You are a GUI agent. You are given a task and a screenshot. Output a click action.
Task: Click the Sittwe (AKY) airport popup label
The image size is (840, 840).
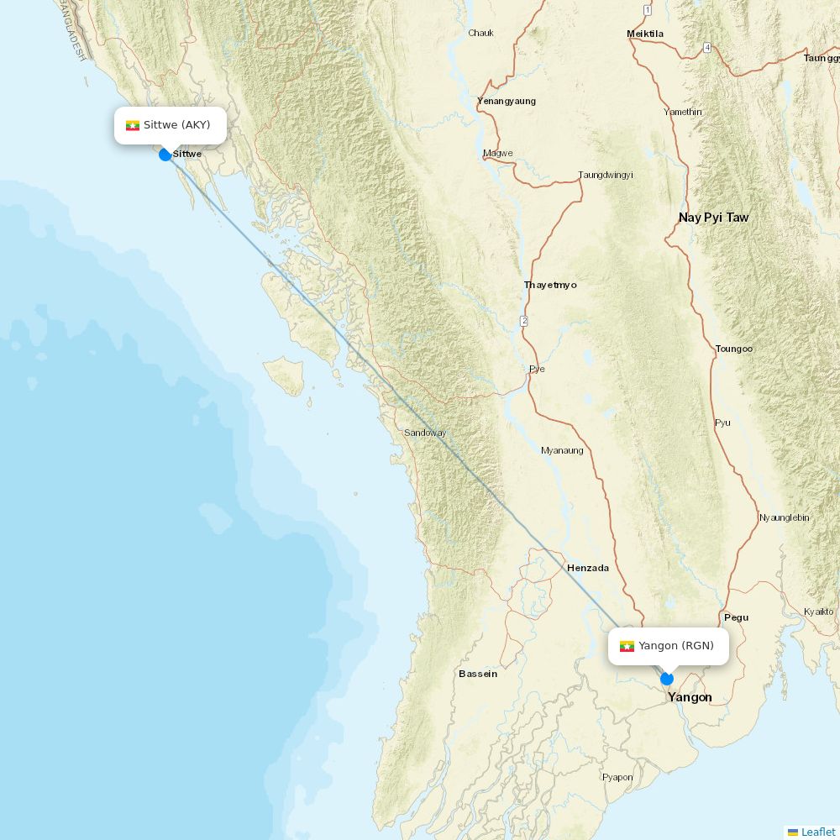(x=171, y=125)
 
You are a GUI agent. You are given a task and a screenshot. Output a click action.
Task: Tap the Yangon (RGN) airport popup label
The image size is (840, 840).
(x=668, y=646)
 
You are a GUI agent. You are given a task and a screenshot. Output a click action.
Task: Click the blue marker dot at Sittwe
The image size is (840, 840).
(x=165, y=155)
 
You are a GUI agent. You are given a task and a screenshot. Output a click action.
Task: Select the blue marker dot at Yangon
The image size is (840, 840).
(x=667, y=679)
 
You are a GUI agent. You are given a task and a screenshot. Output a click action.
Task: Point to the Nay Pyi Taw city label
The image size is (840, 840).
(x=713, y=218)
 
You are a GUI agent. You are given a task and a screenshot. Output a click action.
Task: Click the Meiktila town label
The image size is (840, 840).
(x=645, y=34)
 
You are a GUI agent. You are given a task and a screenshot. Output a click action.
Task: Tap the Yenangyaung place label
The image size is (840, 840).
(x=507, y=101)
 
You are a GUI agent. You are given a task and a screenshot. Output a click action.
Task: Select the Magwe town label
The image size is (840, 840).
(x=498, y=153)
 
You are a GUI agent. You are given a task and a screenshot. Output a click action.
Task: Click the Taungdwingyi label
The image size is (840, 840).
(x=606, y=175)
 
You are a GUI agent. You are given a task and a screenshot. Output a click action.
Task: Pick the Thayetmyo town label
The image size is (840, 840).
(x=550, y=285)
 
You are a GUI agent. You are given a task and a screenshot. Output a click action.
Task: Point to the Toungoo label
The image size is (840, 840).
(x=734, y=349)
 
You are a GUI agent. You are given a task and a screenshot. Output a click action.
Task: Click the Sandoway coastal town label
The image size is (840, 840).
(x=425, y=433)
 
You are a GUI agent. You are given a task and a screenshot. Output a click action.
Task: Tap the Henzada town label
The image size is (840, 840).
(x=588, y=568)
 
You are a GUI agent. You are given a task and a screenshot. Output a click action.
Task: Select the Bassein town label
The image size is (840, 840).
(x=478, y=674)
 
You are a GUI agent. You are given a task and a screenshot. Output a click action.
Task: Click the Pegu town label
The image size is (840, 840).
(x=736, y=617)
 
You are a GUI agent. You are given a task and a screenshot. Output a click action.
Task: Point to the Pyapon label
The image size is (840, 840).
(x=617, y=777)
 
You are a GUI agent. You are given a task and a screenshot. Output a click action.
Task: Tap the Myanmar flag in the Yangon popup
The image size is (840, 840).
(x=627, y=646)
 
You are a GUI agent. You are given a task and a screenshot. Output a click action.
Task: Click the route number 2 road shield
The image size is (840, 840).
(x=523, y=321)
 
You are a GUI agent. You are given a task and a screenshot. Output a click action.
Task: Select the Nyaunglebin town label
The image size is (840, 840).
(x=784, y=517)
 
